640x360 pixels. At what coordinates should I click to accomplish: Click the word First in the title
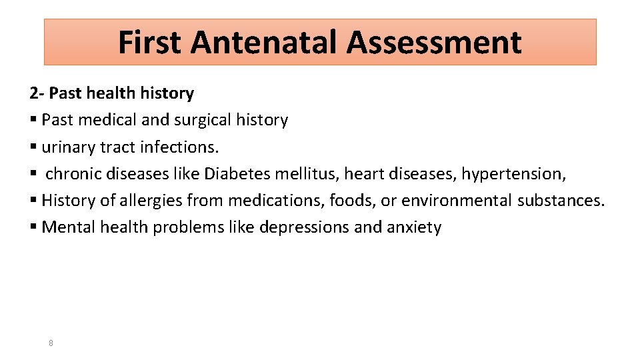coord(149,42)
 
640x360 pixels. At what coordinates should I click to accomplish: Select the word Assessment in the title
coord(434,42)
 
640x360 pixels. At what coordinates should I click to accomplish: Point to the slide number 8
coord(51,343)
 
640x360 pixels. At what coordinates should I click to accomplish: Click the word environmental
coord(457,200)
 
